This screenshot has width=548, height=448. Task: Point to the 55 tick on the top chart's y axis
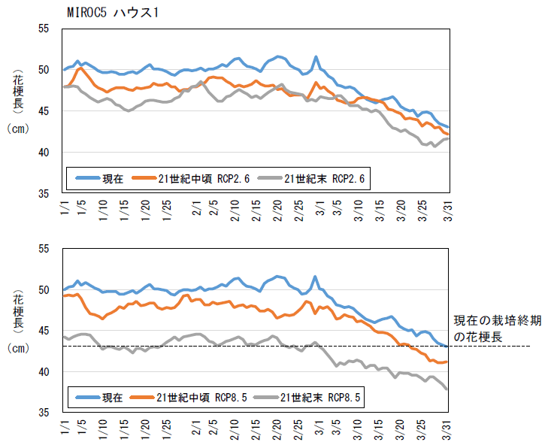(44, 29)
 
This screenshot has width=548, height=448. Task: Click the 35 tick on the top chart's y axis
(44, 194)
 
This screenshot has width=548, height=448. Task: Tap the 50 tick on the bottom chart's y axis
(44, 290)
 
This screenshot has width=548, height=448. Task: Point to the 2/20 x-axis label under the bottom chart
(276, 432)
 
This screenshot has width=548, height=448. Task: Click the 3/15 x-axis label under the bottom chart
(379, 432)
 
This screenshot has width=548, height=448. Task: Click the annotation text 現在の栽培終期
(498, 320)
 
